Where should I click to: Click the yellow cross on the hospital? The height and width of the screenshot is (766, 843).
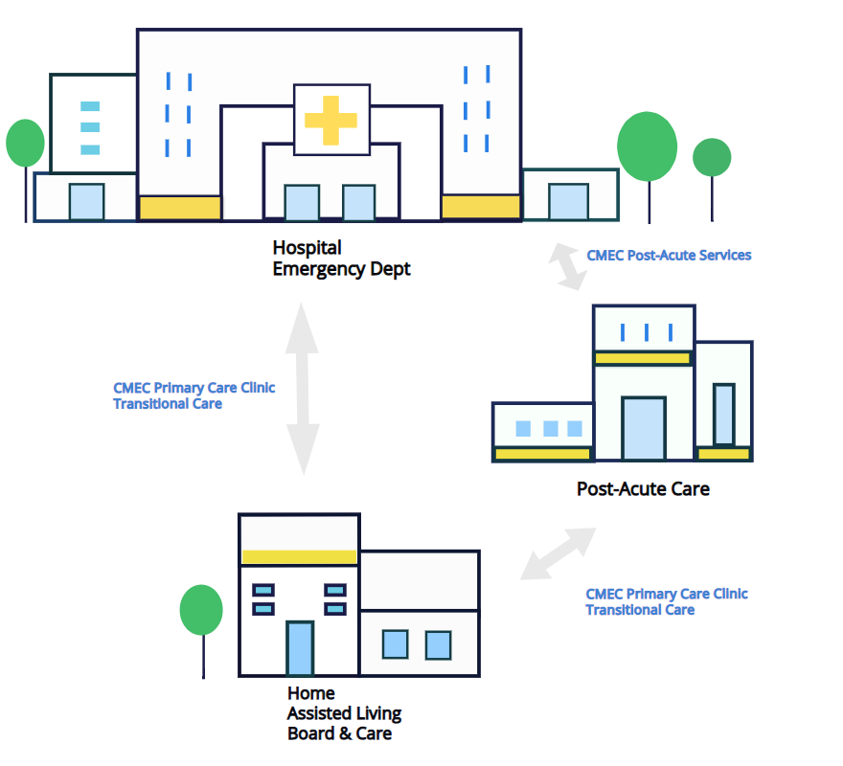330,120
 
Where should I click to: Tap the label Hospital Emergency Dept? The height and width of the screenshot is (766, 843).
341,259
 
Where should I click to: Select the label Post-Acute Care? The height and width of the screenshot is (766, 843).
643,488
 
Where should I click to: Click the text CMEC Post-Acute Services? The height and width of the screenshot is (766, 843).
669,255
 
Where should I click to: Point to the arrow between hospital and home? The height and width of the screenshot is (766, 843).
303,388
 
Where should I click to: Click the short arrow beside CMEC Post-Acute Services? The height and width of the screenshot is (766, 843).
567,266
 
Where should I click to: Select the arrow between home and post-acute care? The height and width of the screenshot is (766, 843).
558,553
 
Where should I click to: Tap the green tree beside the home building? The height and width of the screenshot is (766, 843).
201,610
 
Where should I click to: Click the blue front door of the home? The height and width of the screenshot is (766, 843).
300,648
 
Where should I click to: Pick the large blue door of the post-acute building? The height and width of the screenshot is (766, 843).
643,427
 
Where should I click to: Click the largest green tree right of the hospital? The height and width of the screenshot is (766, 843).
647,146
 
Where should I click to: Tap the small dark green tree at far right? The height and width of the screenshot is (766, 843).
712,157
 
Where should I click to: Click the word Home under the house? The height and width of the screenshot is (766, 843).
311,692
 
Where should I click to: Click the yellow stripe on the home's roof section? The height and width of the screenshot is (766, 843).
299,556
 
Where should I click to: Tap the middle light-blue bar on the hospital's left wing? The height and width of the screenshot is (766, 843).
90,127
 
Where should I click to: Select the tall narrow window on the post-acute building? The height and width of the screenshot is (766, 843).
724,414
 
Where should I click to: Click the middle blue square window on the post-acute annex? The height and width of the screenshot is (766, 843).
550,429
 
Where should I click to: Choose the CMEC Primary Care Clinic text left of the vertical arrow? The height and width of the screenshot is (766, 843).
194,388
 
